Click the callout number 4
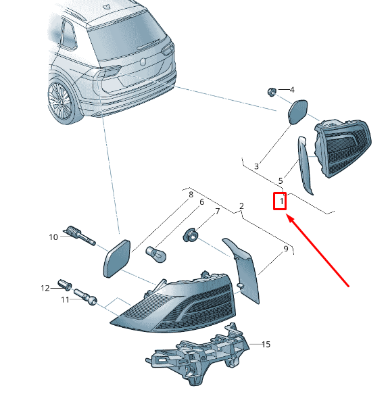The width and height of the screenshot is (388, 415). coord(292,90)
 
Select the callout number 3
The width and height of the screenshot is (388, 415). coord(256,166)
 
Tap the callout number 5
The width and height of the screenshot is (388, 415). coord(281,181)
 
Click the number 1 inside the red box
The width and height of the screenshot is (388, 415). coord(282,201)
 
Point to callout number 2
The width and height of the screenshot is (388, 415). coord(241,206)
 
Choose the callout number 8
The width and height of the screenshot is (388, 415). coord(191,195)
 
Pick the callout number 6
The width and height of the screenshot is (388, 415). coord(201,202)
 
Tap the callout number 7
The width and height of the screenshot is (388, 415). coord(217,211)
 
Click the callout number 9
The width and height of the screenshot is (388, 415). coord(285,249)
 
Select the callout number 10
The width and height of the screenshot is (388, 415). coord(53,237)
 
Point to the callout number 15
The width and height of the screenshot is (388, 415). coord(266,344)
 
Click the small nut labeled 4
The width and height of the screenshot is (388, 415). coord(272,92)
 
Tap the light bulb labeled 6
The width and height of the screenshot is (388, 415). coord(156,254)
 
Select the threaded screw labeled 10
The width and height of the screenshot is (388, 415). coord(79,235)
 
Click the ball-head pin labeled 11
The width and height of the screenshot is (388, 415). coord(85,297)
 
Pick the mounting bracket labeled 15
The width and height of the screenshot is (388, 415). coord(197,353)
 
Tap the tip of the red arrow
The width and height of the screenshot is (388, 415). coord(287,216)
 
